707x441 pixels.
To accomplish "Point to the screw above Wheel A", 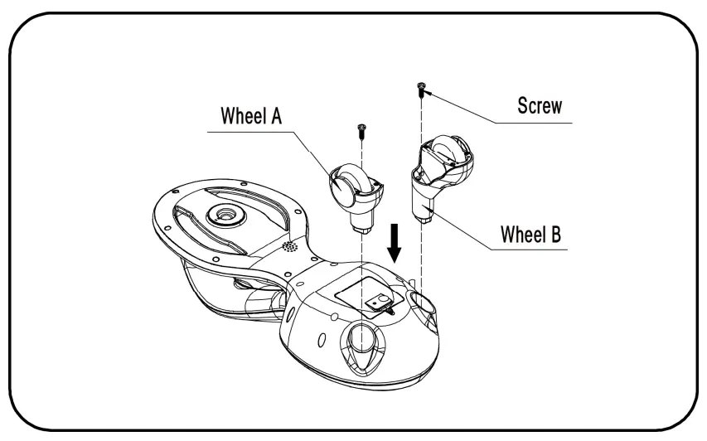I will [362, 128].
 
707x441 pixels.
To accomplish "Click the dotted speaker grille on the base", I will [288, 248].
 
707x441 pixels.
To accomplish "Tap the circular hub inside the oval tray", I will [225, 215].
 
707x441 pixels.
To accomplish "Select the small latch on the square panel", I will [380, 304].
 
